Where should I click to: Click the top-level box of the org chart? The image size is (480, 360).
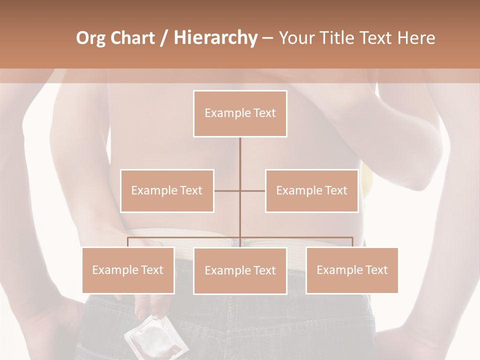[x=240, y=113]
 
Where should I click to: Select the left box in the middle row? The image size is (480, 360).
[x=167, y=191]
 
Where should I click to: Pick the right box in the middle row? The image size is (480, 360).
[x=311, y=191]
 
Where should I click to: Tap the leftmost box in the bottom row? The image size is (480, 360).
[x=128, y=270]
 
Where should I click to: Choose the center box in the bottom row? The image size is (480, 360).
[x=240, y=271]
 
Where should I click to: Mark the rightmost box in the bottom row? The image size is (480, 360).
[x=352, y=270]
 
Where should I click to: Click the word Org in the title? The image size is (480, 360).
[x=90, y=38]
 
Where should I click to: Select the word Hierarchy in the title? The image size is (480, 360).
[x=215, y=38]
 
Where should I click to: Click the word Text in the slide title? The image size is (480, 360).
[x=376, y=38]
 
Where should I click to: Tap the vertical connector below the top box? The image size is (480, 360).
[x=240, y=160]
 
